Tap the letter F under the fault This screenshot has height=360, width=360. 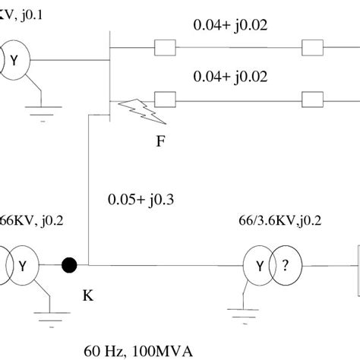click(160, 141)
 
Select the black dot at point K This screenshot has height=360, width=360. click(68, 266)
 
